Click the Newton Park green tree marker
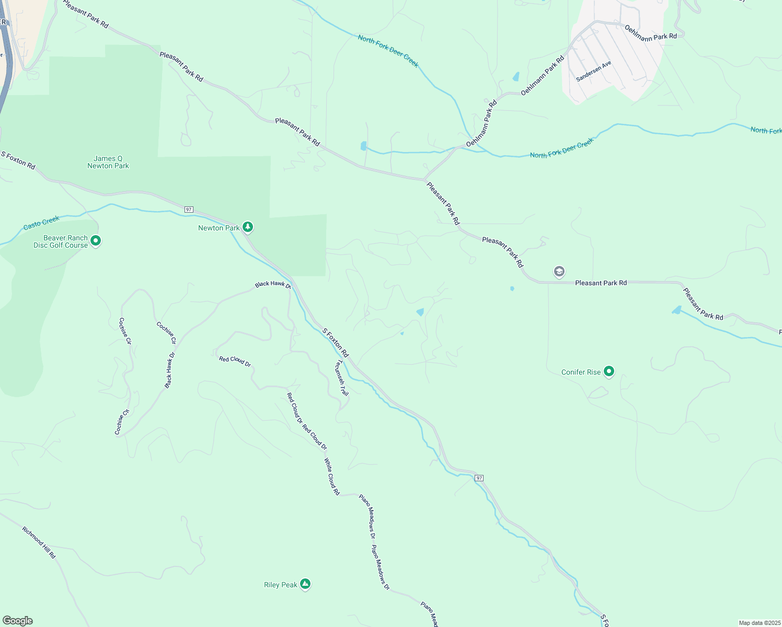(248, 227)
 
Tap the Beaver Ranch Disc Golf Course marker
(95, 240)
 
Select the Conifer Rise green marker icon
(608, 371)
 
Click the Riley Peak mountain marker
(305, 584)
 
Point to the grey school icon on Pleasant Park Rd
(559, 271)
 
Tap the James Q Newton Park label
(108, 162)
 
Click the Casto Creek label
(41, 223)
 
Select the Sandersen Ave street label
(593, 71)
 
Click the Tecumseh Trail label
(342, 378)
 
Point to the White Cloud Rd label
(332, 477)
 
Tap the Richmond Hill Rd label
(39, 542)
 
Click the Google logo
(18, 621)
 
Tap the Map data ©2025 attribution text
(760, 623)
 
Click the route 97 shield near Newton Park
(189, 210)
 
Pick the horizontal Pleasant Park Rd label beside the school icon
(601, 283)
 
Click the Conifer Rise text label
(581, 372)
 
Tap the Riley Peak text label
(281, 585)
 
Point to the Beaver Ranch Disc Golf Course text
(61, 241)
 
